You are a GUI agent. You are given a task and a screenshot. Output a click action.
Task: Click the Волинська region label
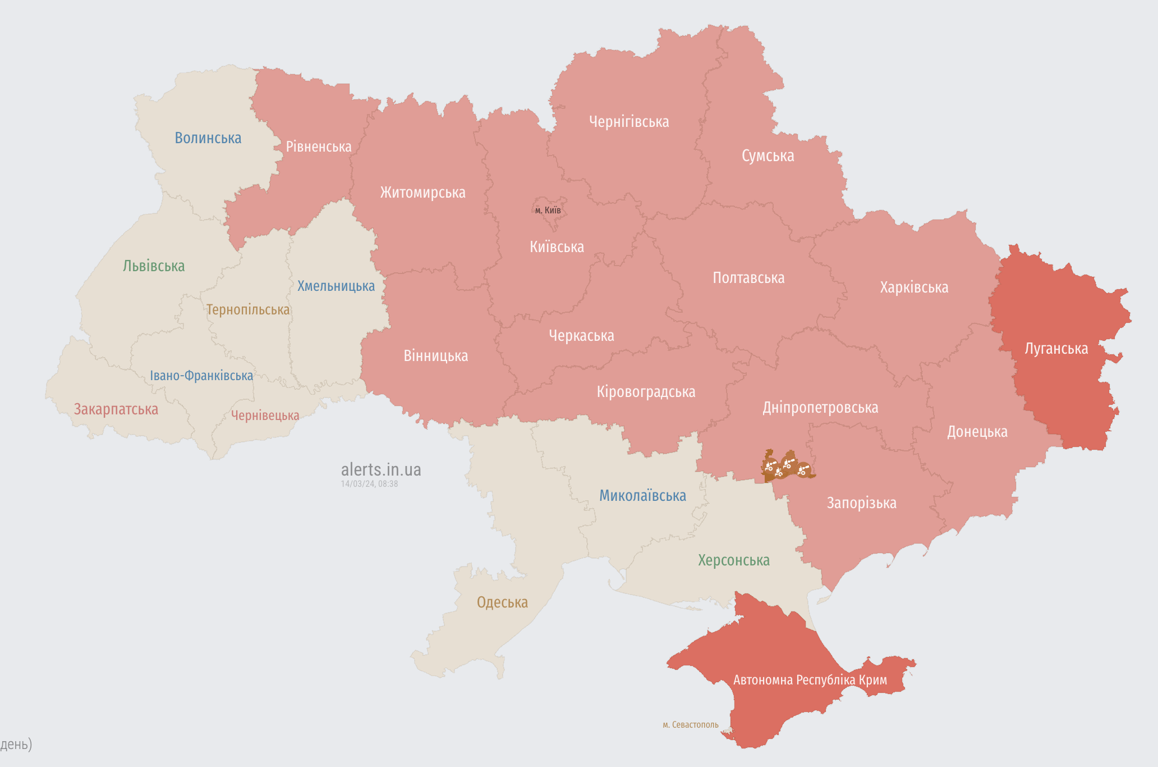point(208,138)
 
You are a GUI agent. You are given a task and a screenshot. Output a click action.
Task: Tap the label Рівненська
point(319,147)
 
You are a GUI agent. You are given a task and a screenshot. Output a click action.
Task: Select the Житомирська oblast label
point(422,193)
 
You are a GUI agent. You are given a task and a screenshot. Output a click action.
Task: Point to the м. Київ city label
point(548,211)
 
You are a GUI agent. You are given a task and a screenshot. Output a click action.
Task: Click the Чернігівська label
point(628,122)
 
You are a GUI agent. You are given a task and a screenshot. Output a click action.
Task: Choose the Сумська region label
point(768,156)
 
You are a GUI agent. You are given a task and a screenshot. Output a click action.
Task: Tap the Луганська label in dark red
point(1056,349)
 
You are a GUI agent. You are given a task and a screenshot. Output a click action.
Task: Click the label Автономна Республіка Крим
point(810,680)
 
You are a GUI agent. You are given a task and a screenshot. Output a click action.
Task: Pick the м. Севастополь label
point(690,725)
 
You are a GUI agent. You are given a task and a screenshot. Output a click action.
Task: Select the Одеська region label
point(502,602)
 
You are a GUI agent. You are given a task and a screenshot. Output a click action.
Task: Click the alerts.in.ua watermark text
point(381,469)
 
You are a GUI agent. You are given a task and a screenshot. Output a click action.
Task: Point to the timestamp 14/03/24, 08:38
point(369,484)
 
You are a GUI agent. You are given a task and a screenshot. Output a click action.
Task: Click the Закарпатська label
point(116,409)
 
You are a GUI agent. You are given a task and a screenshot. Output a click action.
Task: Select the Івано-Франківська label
point(201,376)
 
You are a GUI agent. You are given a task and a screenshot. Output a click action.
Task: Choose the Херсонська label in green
point(733,560)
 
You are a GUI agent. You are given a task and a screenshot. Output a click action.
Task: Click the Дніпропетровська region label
point(820,408)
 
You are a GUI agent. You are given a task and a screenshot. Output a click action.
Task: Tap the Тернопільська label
point(248,310)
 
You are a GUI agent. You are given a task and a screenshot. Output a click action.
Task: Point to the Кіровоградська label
point(646,392)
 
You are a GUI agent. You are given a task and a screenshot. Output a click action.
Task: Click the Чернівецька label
point(265,416)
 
